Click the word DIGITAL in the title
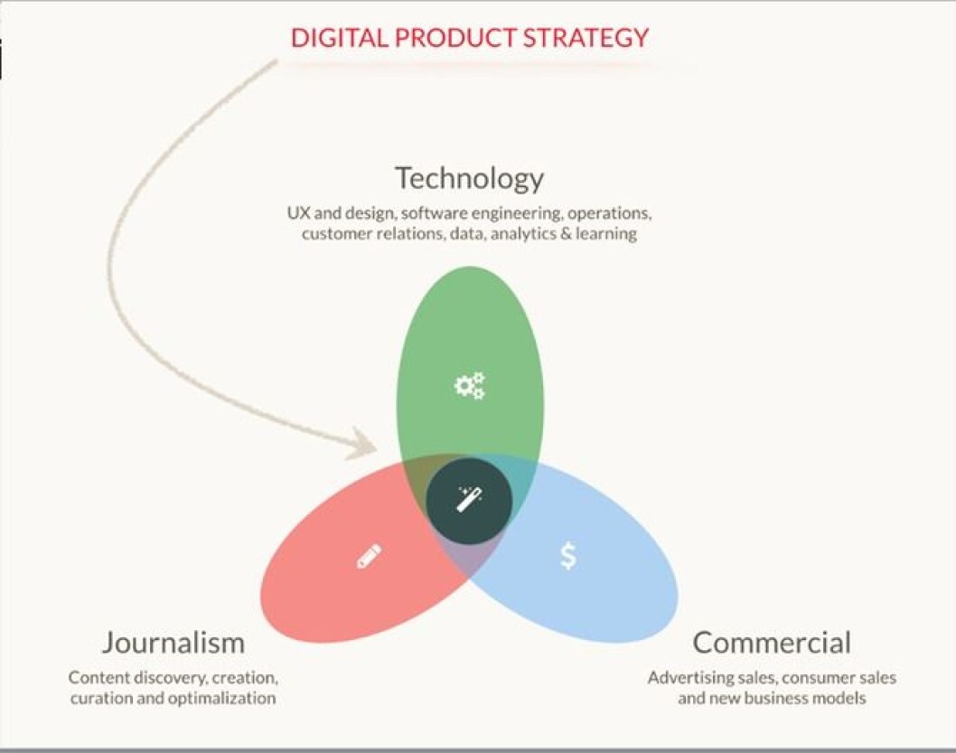(339, 38)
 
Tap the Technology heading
(470, 179)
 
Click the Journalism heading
(173, 643)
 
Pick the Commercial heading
(772, 643)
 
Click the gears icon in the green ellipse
(470, 385)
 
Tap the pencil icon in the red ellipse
(369, 556)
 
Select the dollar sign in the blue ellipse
(567, 556)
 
